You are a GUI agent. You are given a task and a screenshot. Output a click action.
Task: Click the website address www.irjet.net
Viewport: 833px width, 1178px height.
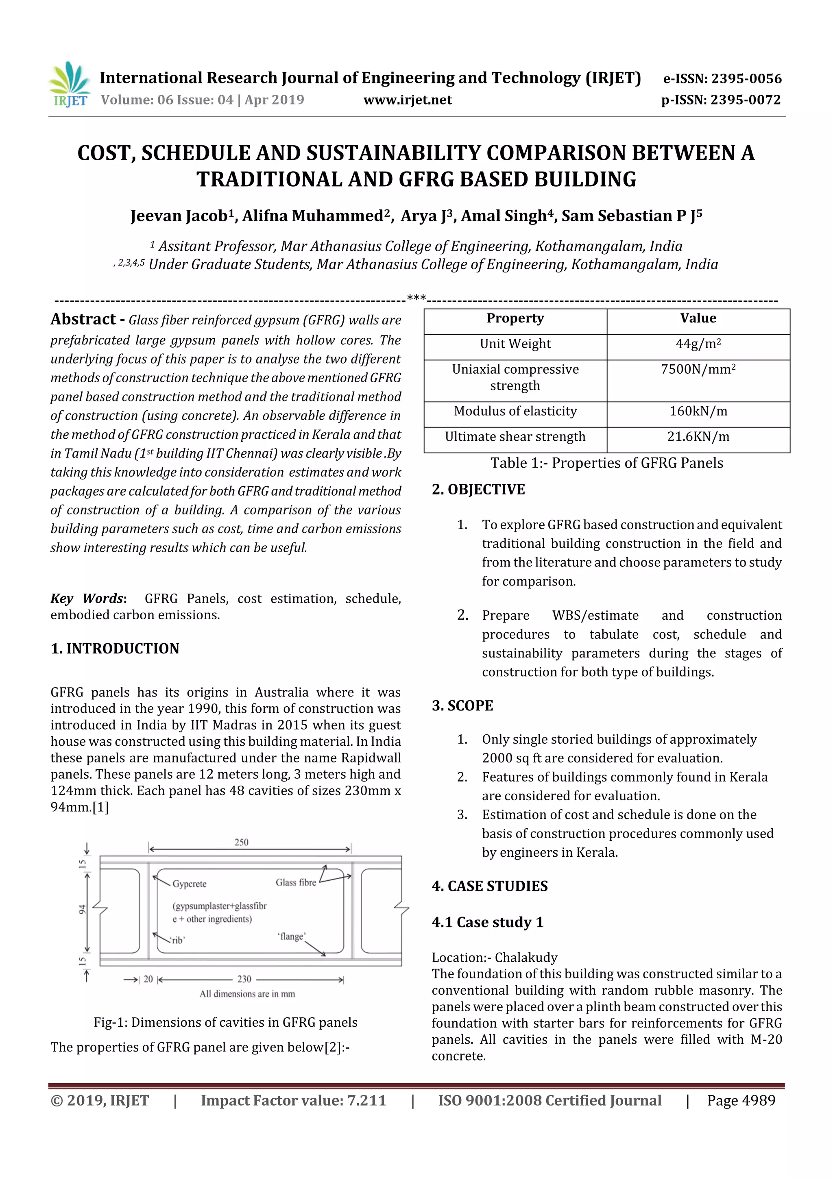coord(408,100)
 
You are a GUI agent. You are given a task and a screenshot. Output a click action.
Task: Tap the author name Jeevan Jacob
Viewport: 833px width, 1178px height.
coord(178,216)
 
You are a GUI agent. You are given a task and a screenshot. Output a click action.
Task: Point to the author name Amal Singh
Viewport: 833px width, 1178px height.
coord(503,216)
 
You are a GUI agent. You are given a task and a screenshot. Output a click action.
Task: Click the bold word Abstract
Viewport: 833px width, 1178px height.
coord(83,319)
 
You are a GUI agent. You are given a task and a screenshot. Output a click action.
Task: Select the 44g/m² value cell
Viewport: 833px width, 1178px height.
coord(698,344)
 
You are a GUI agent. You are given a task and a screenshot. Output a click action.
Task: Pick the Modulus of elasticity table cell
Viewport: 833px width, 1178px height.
coord(515,411)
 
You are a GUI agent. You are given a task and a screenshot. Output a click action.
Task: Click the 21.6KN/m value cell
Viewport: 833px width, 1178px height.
coord(698,437)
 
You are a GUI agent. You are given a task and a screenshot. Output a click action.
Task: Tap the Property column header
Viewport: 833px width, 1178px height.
coord(515,318)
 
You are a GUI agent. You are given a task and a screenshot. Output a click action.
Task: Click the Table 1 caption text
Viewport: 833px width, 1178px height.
coord(607,463)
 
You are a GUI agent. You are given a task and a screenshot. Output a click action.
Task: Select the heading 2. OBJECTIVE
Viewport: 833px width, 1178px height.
coord(478,490)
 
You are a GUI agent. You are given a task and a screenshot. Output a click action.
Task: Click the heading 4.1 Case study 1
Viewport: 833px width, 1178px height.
coord(488,922)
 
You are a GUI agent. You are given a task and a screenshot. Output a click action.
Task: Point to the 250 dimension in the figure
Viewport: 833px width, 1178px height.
coord(241,842)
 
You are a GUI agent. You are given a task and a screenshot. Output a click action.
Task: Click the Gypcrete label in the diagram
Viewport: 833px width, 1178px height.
coord(190,884)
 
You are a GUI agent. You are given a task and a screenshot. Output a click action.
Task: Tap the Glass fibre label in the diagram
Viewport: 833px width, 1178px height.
coord(296,882)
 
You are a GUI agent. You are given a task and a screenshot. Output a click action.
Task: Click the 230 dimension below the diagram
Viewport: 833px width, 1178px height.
coord(244,979)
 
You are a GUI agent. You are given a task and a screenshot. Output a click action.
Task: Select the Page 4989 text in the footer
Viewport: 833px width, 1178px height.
coord(741,1100)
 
